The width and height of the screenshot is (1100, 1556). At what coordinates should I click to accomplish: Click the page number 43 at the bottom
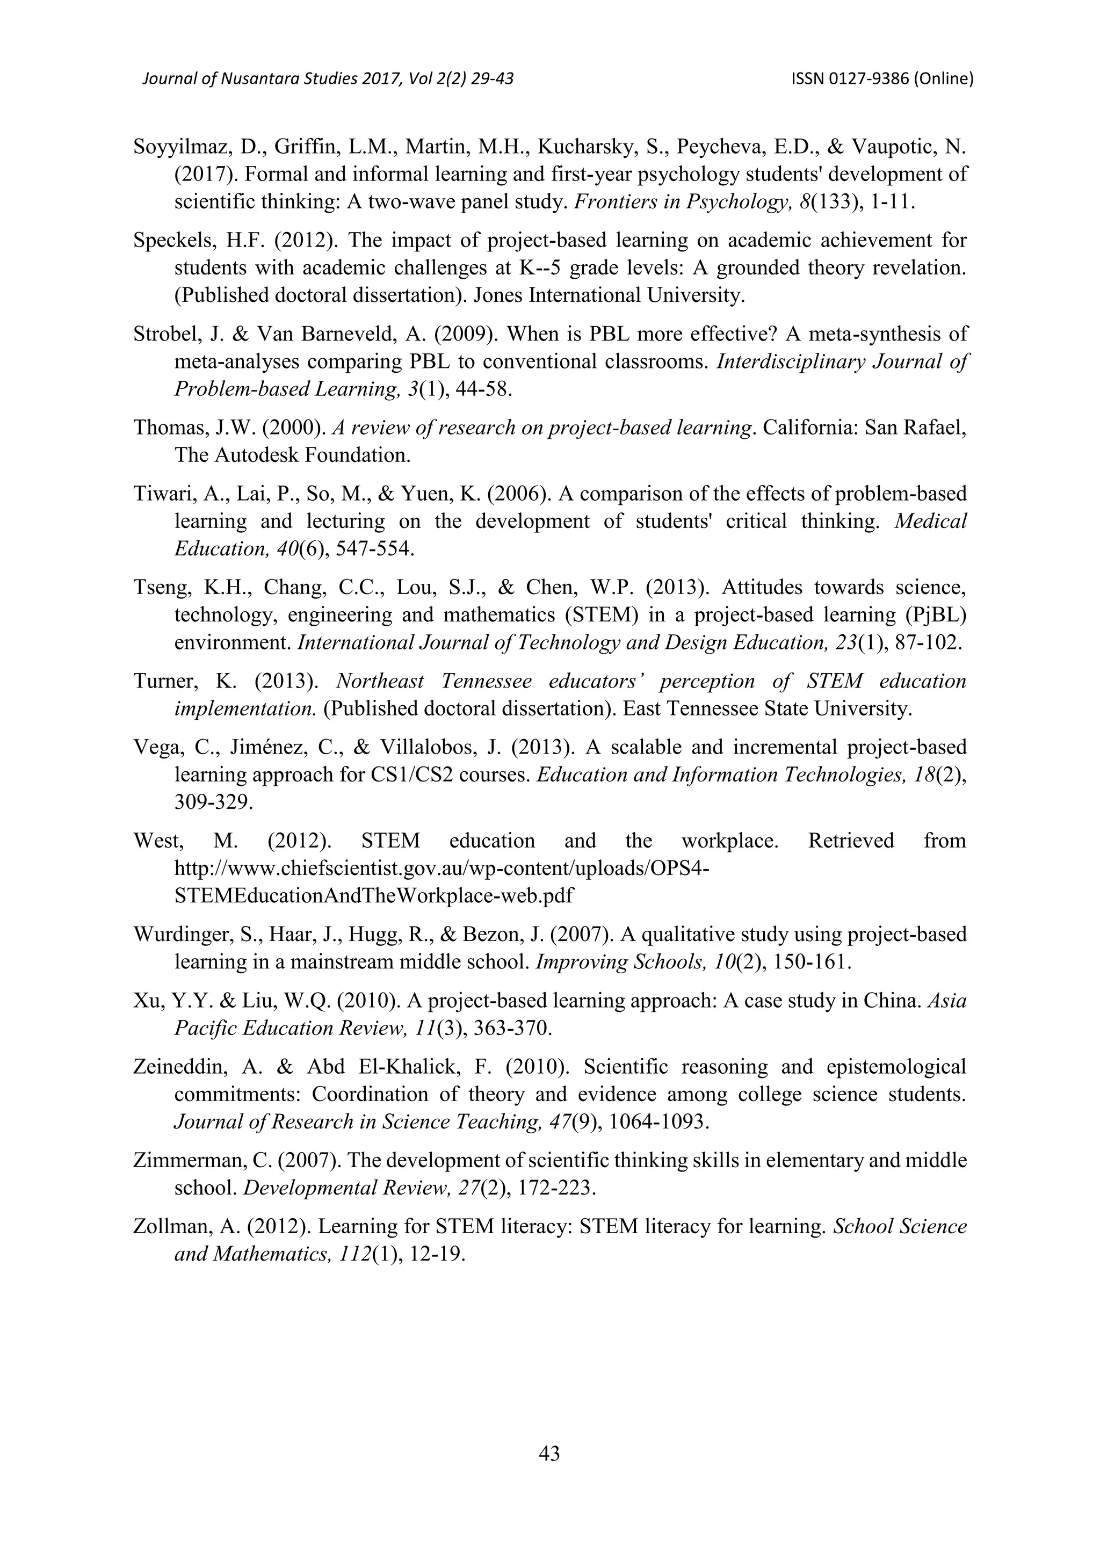tap(549, 1453)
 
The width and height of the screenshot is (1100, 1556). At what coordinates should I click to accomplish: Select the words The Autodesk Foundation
tap(292, 455)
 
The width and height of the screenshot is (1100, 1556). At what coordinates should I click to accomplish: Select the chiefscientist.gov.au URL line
tap(441, 868)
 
